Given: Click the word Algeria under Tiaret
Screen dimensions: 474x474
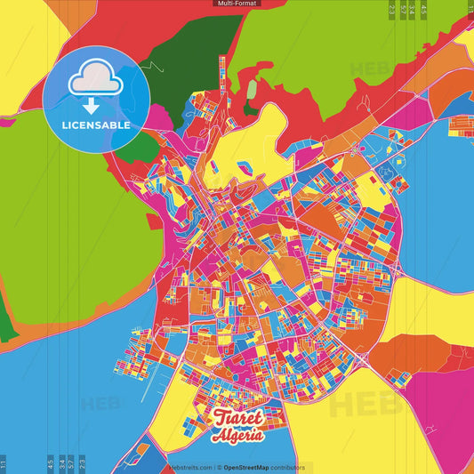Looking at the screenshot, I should coord(237,436).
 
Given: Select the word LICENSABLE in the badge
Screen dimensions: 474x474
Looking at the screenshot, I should coord(95,125).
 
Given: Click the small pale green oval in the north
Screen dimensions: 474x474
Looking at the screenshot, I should coord(252,90).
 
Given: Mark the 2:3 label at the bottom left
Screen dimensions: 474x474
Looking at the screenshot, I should coord(83,462).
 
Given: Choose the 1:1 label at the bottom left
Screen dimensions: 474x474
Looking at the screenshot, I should coord(4,463).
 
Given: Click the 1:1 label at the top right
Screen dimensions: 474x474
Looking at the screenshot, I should coord(470,9).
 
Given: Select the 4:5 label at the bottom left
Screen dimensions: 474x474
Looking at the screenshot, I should coord(51,462).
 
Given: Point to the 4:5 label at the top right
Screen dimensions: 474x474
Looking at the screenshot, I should coord(423,9).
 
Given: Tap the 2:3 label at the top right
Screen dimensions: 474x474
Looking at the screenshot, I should coord(392,9).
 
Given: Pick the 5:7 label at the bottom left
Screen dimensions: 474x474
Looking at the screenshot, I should coord(72,462).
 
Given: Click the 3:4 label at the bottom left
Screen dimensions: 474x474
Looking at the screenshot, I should coord(61,462).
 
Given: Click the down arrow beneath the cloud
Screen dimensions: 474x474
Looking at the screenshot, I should coord(92,106).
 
